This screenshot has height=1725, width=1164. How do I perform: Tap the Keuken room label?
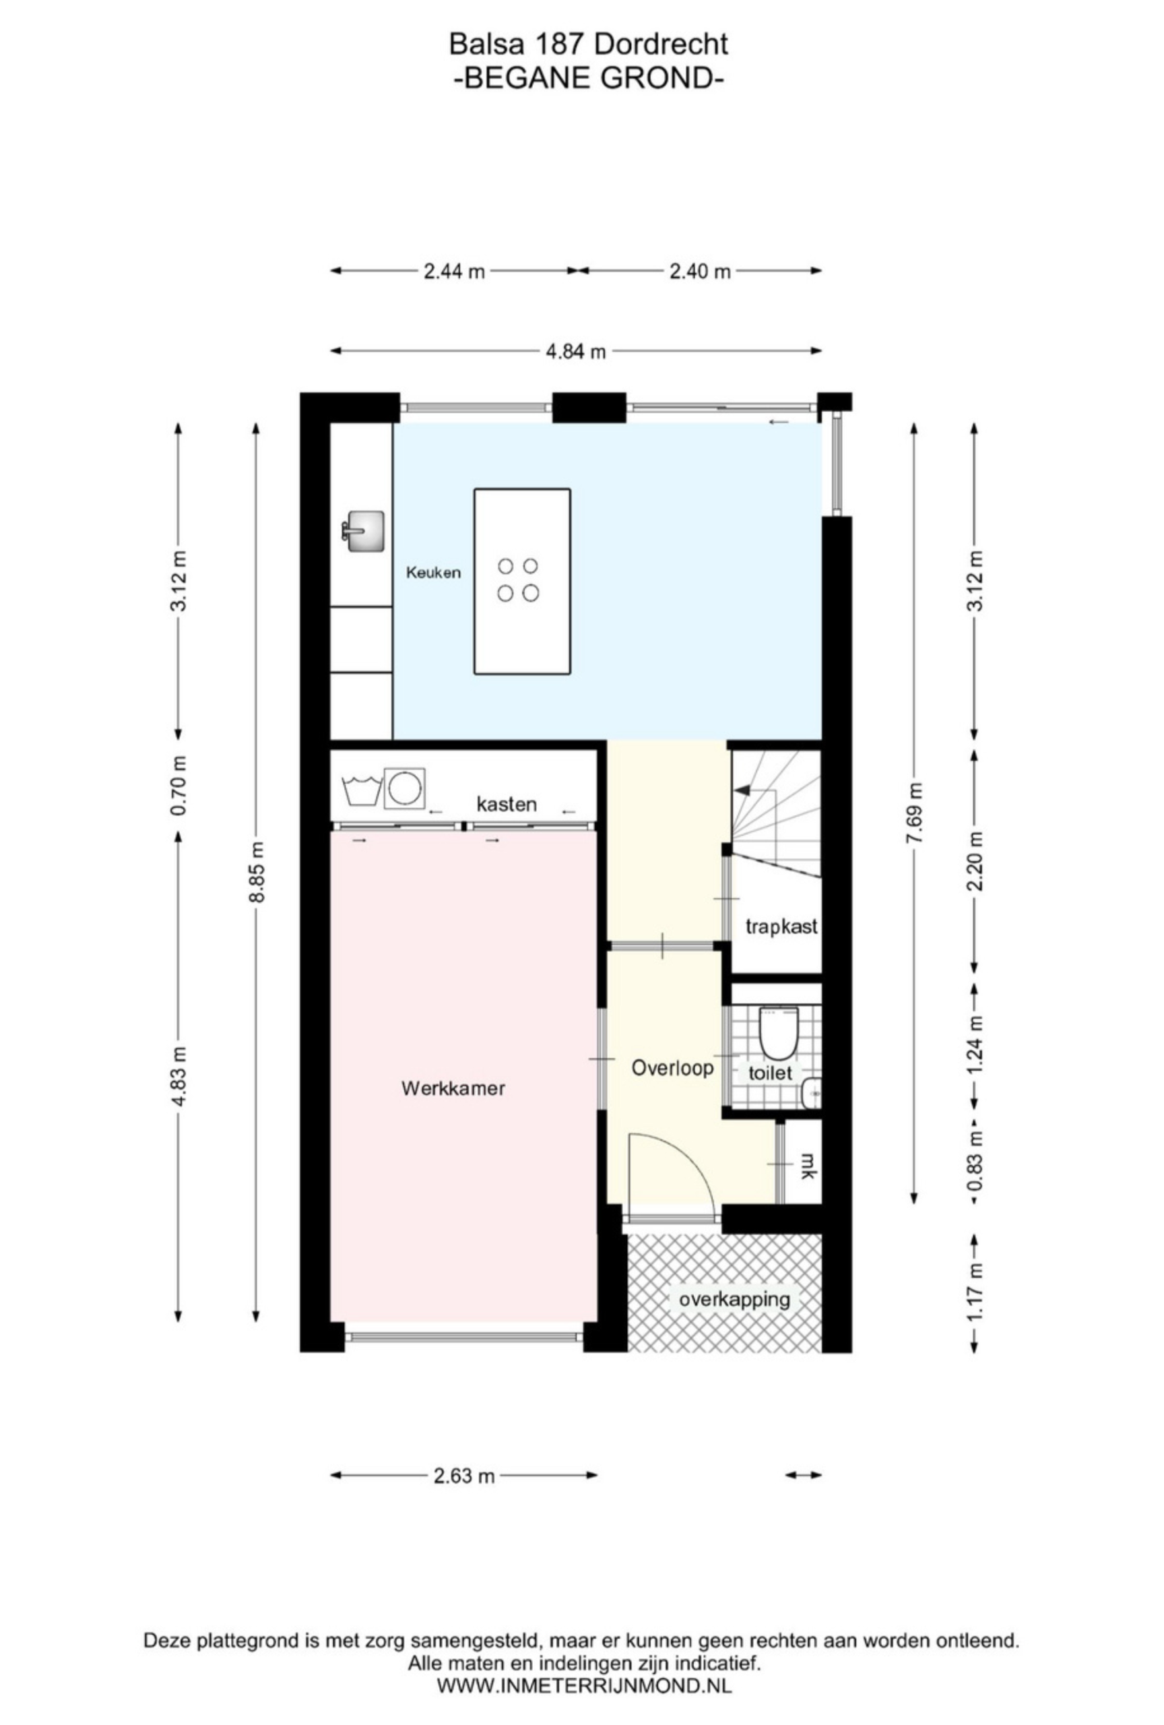(x=433, y=572)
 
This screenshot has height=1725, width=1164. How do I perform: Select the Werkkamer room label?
(x=453, y=1088)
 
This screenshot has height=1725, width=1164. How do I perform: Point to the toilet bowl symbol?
(x=777, y=1032)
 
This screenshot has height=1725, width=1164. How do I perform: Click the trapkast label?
(x=781, y=927)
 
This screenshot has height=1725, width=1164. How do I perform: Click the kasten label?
(x=506, y=804)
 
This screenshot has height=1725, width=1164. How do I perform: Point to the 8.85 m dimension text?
(x=257, y=871)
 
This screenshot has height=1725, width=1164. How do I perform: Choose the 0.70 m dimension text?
(x=178, y=784)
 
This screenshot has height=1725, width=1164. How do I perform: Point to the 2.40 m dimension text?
(x=700, y=271)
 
